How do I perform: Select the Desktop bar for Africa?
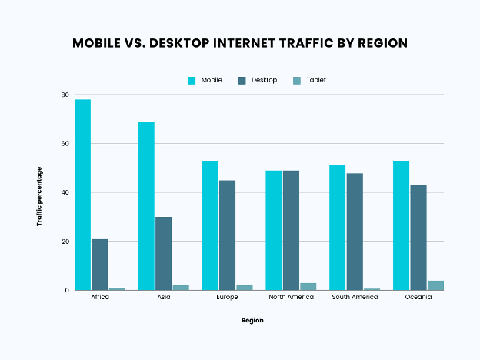[x=100, y=265]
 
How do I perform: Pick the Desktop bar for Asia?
[x=163, y=254]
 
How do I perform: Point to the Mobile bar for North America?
[x=274, y=230]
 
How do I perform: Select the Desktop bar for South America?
[x=355, y=232]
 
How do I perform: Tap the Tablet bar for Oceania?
[x=435, y=285]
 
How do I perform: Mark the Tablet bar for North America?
[x=308, y=287]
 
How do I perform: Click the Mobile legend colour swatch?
[x=192, y=80]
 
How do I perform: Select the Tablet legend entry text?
[x=315, y=80]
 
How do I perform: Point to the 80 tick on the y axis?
[x=65, y=95]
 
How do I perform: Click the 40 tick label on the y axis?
[x=65, y=193]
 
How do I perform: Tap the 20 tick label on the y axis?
[x=65, y=242]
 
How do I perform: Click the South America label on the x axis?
[x=354, y=297]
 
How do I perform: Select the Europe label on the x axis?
[x=227, y=297]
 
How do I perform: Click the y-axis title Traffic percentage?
[x=39, y=196]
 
